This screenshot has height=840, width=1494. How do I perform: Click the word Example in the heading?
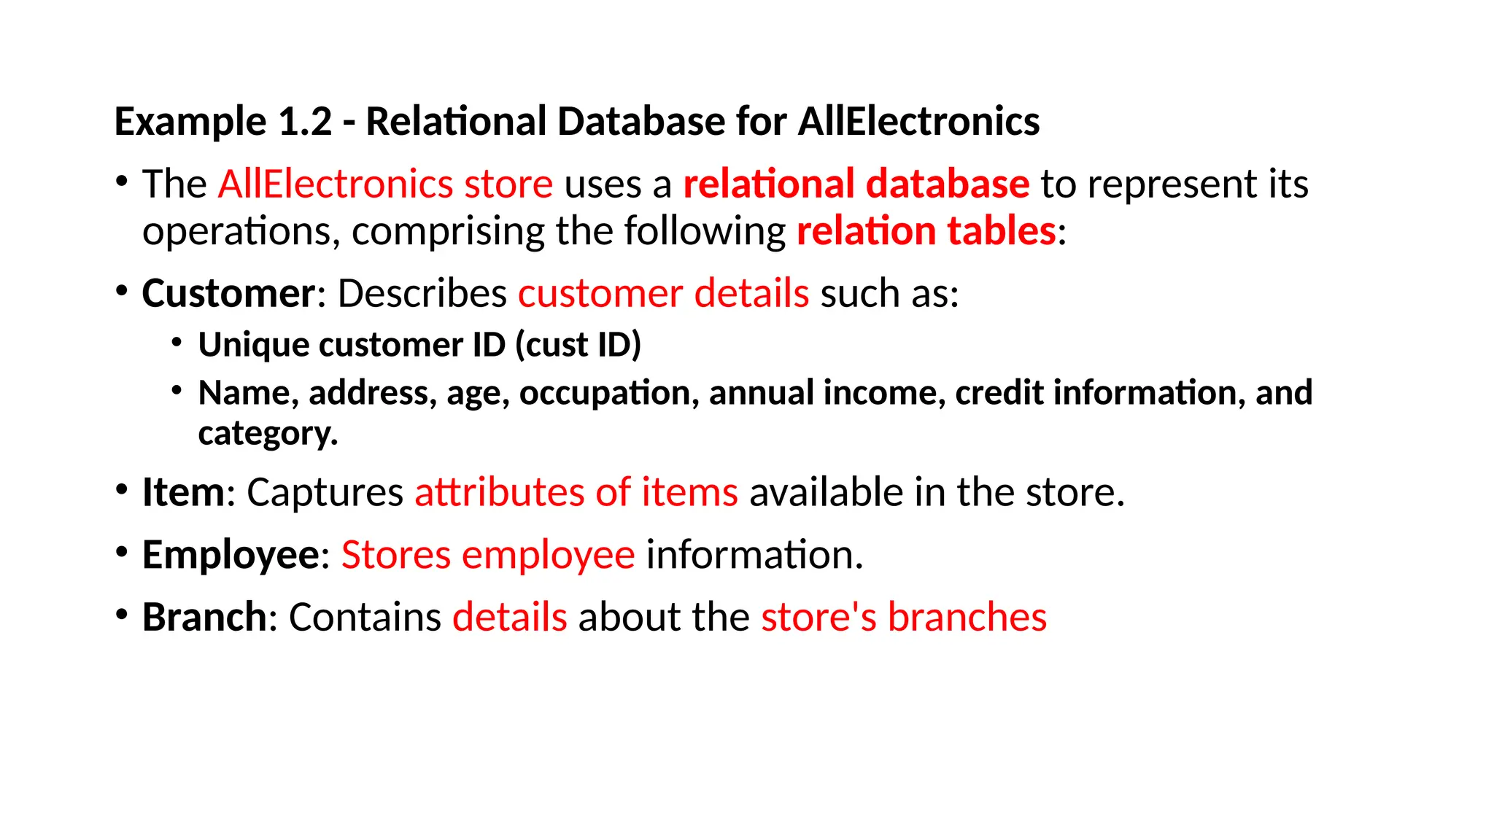click(190, 122)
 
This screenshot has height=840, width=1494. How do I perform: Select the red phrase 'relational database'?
click(856, 184)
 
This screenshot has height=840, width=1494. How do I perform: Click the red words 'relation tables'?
click(926, 231)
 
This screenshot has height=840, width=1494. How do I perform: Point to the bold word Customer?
click(228, 293)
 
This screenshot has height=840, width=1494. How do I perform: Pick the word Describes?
click(422, 293)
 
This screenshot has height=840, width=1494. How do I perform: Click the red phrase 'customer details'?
click(663, 293)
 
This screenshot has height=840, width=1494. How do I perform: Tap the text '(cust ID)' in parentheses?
click(578, 344)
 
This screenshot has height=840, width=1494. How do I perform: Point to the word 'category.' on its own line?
click(268, 433)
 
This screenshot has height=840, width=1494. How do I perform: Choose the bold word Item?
click(183, 492)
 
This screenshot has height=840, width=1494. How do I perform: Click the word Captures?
click(325, 492)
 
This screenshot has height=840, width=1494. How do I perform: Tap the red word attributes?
click(499, 492)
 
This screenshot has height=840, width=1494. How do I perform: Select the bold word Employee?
click(231, 555)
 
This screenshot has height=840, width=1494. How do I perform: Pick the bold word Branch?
click(204, 617)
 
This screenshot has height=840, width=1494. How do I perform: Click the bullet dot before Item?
click(122, 489)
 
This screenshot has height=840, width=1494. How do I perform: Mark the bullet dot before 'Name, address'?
click(177, 390)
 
